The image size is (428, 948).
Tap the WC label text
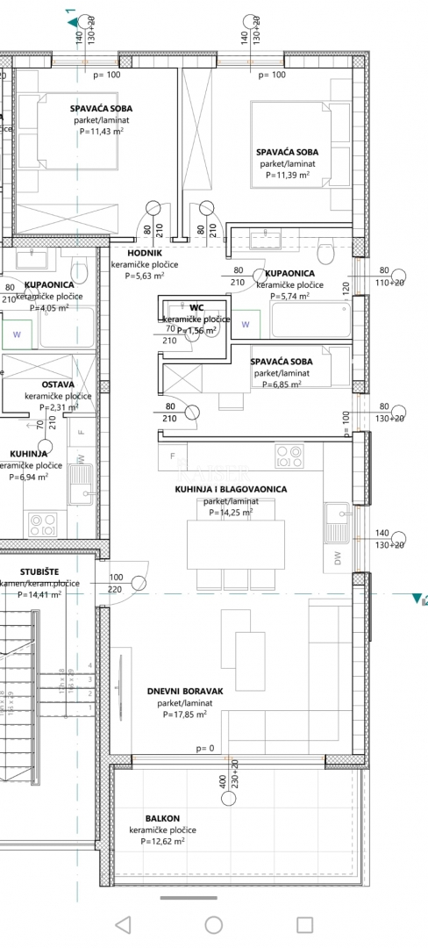click(x=196, y=307)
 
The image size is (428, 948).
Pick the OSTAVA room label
click(x=58, y=384)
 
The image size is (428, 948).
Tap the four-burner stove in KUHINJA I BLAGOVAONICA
click(x=289, y=456)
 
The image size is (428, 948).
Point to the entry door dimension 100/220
click(x=116, y=584)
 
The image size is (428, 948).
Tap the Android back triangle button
click(x=123, y=924)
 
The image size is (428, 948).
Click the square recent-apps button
click(x=304, y=924)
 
